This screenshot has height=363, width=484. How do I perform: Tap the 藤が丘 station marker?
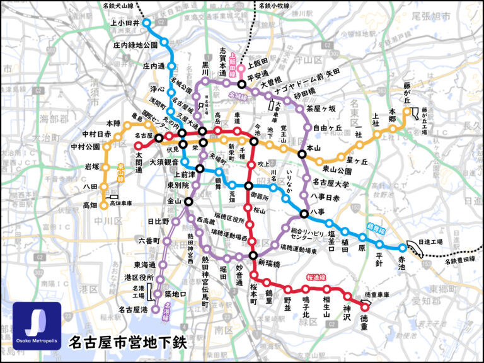point(407,112)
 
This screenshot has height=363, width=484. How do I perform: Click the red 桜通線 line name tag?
point(335,277)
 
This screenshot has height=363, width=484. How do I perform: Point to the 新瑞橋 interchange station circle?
point(253,256)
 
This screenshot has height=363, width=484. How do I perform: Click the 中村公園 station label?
point(86,147)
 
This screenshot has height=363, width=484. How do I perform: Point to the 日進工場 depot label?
point(430,241)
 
